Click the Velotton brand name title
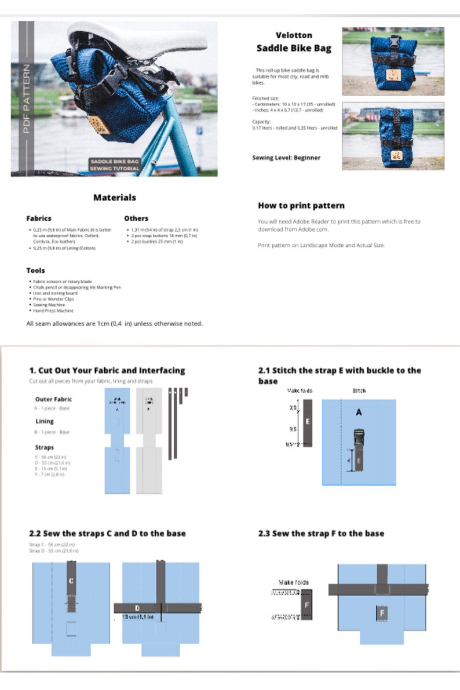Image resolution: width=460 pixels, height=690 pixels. tap(294, 35)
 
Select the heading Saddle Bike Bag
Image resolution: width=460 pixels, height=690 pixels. tap(294, 48)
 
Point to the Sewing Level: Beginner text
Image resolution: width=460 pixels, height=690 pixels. tap(286, 158)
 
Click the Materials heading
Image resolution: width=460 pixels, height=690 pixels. tap(115, 198)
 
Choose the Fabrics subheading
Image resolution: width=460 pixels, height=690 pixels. tap(39, 218)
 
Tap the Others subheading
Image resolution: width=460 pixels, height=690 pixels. tap(136, 218)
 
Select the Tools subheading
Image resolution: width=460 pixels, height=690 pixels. tap(35, 271)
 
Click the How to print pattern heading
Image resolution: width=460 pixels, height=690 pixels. tap(301, 206)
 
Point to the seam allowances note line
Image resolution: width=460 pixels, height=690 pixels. tap(115, 323)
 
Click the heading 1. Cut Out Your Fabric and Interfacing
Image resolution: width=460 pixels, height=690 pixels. tap(107, 370)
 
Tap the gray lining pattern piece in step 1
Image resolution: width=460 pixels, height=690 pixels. tap(149, 440)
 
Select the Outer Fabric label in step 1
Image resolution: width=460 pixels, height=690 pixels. tap(54, 399)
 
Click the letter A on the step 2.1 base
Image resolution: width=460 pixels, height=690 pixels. tap(359, 412)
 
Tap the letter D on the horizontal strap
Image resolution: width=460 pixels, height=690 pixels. tap(137, 608)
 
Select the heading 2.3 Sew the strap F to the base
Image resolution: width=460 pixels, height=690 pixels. tap(321, 533)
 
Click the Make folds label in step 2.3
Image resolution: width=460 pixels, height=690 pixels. tap(294, 582)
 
